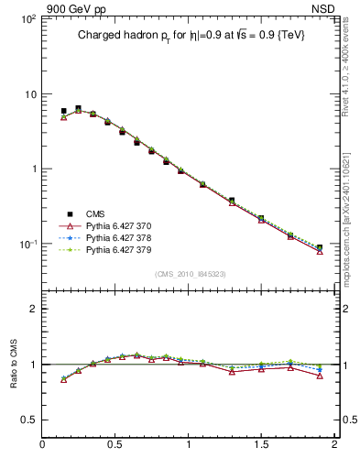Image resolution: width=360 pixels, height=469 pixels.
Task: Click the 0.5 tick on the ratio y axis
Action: (29, 420)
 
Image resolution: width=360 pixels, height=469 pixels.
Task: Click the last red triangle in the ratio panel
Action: (319, 376)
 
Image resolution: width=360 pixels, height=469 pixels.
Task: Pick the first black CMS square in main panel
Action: (63, 111)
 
